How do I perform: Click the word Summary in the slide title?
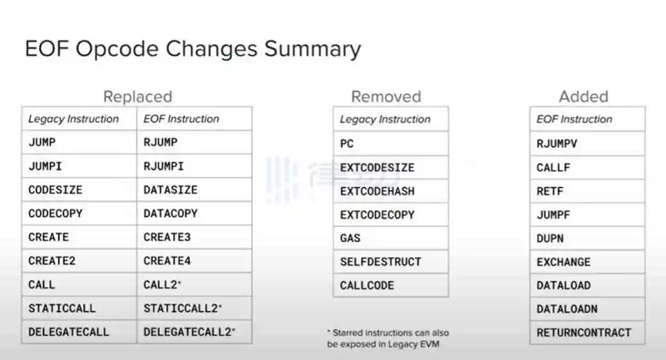312,49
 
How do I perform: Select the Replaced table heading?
137,97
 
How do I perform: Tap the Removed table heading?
386,97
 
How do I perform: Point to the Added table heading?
584,97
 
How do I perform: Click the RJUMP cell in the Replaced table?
194,142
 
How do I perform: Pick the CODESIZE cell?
79,190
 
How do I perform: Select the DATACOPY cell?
194,213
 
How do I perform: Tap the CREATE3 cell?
194,237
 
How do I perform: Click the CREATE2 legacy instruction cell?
79,261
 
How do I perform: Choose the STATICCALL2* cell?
194,308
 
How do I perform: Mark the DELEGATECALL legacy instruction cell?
79,332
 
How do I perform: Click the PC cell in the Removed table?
391,143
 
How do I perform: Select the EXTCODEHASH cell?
391,191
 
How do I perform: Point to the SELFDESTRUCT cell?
391,262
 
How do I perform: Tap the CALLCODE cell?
391,286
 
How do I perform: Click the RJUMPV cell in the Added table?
587,143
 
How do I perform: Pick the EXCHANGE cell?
587,262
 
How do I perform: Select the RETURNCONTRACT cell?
587,332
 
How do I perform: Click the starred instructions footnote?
387,338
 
